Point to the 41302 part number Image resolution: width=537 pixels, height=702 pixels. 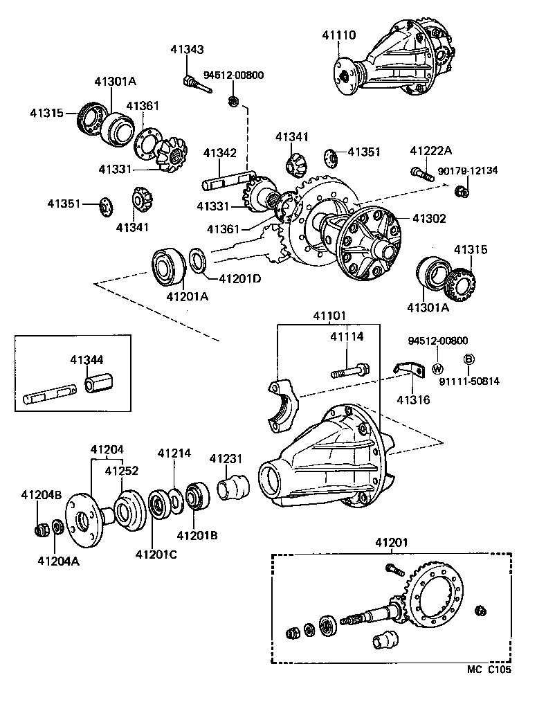(x=429, y=218)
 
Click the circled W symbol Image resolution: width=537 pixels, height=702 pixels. (x=437, y=368)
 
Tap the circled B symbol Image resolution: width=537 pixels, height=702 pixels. (x=468, y=358)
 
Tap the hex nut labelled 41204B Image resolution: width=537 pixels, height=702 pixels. (x=42, y=530)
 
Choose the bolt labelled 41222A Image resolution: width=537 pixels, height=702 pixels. (x=421, y=173)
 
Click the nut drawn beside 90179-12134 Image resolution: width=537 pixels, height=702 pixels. (x=462, y=190)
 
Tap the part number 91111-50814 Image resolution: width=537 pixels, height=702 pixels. (x=468, y=381)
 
